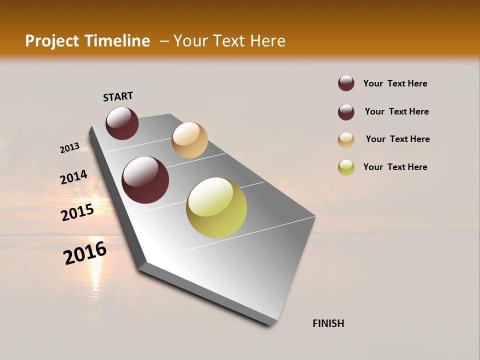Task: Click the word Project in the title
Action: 52,41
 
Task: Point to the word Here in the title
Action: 267,41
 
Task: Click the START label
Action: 118,96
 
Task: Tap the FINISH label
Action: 328,323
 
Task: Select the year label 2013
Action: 70,148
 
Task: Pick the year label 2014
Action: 74,177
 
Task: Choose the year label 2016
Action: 85,253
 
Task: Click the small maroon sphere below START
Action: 122,123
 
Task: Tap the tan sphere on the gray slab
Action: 189,140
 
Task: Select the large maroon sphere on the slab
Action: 145,180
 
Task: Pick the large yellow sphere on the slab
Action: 216,207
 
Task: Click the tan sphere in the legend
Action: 346,140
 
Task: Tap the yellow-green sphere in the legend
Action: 346,167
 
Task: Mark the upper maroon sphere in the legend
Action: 346,83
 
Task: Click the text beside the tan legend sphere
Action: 397,139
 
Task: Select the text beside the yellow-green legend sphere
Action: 395,167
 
